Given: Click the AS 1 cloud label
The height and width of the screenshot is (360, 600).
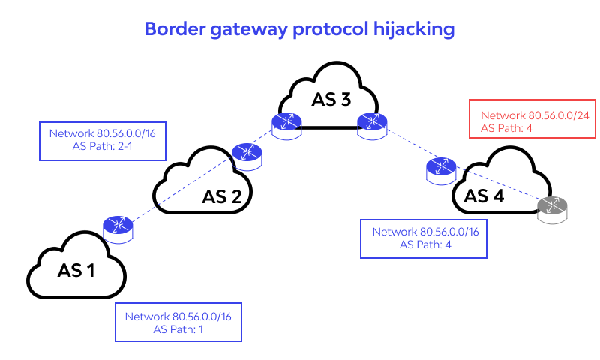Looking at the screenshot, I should tap(76, 270).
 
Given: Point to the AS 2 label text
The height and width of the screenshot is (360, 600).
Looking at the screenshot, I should tap(221, 197).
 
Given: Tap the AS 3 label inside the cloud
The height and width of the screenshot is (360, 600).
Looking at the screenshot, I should tap(331, 99).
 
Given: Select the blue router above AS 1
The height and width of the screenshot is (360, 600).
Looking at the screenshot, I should tap(118, 227).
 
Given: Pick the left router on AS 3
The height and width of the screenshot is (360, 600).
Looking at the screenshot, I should tap(286, 125).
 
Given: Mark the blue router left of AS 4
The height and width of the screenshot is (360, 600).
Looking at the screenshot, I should tap(439, 169).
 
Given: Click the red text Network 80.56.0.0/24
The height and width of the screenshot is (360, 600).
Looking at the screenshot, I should tap(532, 115).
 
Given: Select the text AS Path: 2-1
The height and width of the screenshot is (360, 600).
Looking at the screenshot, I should tap(102, 147).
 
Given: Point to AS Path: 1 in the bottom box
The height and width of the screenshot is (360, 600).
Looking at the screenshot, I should tap(178, 328).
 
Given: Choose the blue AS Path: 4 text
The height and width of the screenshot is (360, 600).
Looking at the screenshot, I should tap(425, 244).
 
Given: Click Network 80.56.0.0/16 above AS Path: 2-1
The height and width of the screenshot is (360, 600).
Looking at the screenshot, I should tap(102, 134).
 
